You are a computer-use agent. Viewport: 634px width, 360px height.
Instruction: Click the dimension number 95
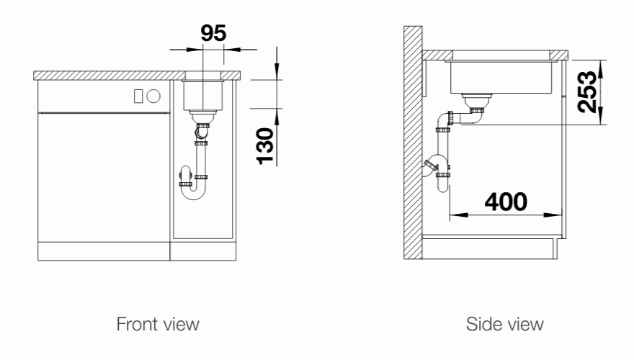pos(213,33)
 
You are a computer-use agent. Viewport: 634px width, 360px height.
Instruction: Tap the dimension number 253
pos(587,92)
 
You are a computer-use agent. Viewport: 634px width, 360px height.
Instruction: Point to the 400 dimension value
pos(506,202)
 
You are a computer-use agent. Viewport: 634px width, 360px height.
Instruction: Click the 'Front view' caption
pos(158,324)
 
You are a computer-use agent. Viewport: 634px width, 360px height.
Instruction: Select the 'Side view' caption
pos(504,324)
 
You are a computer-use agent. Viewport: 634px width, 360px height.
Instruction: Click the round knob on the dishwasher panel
pos(153,96)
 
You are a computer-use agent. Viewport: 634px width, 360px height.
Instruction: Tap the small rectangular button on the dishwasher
pos(138,96)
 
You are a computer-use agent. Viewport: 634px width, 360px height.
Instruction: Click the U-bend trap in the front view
pos(193,197)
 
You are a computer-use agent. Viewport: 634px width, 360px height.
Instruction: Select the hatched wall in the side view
pos(413,143)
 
